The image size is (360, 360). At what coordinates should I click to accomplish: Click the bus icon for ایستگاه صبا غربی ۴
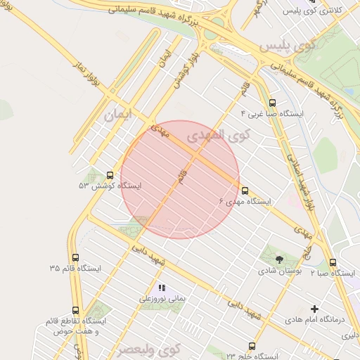pyautogui.click(x=273, y=103)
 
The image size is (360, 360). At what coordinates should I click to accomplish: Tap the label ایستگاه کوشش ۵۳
pyautogui.click(x=110, y=186)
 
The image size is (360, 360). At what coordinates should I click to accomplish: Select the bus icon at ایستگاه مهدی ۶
pyautogui.click(x=245, y=191)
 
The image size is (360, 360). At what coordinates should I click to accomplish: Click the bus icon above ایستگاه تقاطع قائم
pyautogui.click(x=76, y=310)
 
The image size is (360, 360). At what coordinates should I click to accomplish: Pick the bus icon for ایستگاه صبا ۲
pyautogui.click(x=333, y=263)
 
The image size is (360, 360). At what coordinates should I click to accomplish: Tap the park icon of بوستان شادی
pyautogui.click(x=280, y=259)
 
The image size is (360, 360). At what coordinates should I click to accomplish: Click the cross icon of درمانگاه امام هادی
pyautogui.click(x=314, y=309)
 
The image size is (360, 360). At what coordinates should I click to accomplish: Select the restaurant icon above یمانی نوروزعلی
pyautogui.click(x=162, y=288)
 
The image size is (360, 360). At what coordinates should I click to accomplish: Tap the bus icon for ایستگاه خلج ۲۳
pyautogui.click(x=252, y=345)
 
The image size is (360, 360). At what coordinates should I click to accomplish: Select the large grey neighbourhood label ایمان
pyautogui.click(x=118, y=115)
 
